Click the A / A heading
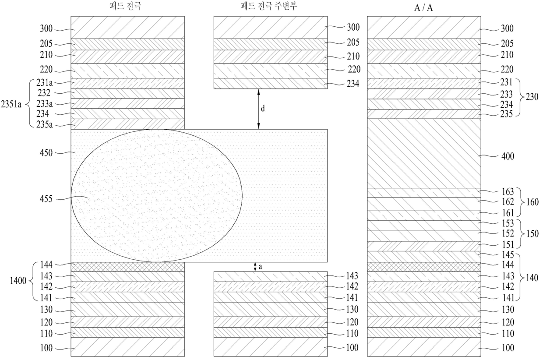[424, 7]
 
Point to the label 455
[46, 198]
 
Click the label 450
[46, 153]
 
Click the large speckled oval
[156, 195]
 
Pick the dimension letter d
[263, 108]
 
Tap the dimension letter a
[260, 267]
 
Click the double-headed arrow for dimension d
[258, 109]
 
